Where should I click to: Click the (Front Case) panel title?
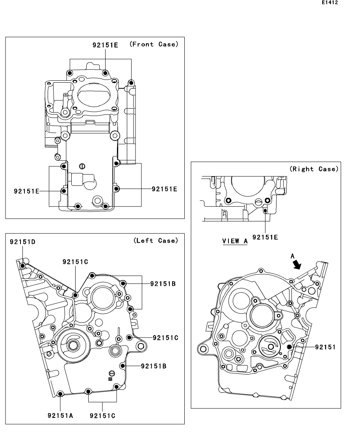154,44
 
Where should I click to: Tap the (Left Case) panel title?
156,240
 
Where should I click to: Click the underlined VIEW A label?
235,241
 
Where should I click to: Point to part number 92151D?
22,242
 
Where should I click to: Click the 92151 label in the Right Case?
325,347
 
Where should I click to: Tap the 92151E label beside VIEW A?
265,237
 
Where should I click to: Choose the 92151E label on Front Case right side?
165,189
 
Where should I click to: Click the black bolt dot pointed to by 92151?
289,347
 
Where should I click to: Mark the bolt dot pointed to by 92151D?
22,266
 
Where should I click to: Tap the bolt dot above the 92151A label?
60,394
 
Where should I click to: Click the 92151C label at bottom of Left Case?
103,415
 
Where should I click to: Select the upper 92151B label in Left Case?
163,283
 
